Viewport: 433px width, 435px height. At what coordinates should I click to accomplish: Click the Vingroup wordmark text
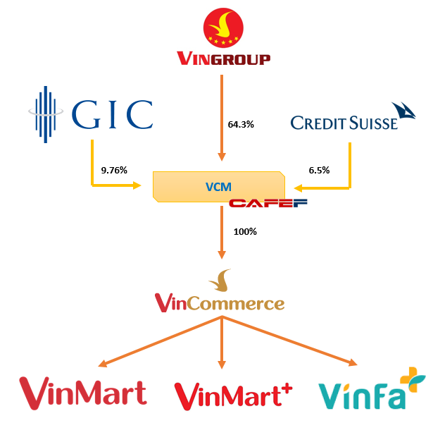click(222, 59)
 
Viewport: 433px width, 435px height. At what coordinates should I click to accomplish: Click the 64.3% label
click(241, 124)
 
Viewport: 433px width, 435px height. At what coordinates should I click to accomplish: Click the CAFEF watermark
click(258, 204)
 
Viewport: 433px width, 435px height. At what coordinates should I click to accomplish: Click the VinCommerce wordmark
click(220, 304)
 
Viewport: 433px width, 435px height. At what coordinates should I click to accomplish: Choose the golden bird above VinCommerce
click(222, 280)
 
